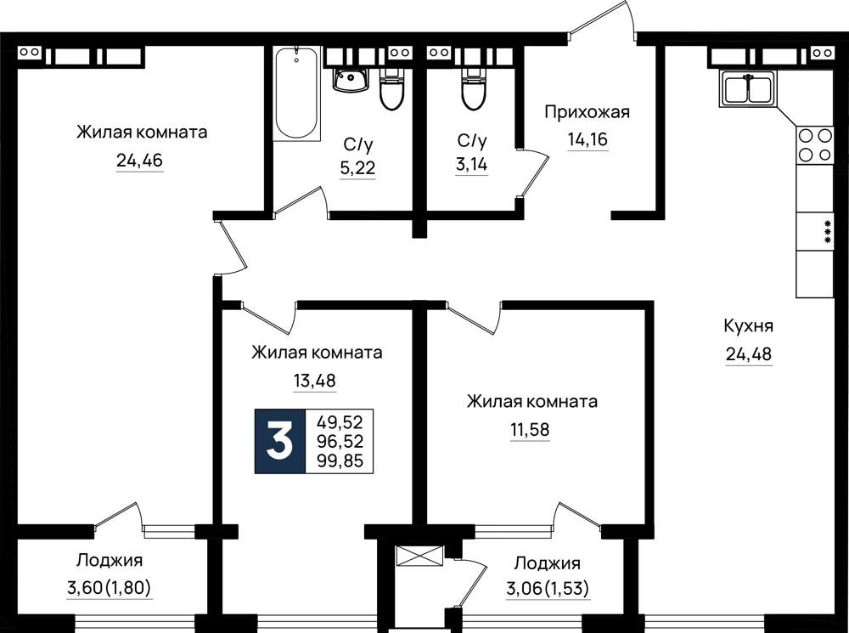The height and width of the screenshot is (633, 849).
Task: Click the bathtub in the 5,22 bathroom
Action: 295,94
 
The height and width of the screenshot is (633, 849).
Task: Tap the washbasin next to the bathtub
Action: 351,80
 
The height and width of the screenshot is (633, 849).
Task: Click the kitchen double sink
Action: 748,89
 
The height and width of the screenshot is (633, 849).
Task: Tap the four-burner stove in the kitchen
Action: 814,144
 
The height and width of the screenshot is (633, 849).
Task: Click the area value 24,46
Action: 139,161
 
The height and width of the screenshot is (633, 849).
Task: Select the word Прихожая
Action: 587,112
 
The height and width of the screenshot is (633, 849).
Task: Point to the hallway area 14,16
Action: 588,140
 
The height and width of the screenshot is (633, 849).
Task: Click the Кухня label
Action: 748,326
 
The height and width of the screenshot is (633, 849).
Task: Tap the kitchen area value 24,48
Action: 748,354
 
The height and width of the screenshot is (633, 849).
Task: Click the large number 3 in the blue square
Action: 280,441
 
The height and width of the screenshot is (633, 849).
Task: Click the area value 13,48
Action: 315,381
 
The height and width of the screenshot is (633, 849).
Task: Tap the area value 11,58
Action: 530,430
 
